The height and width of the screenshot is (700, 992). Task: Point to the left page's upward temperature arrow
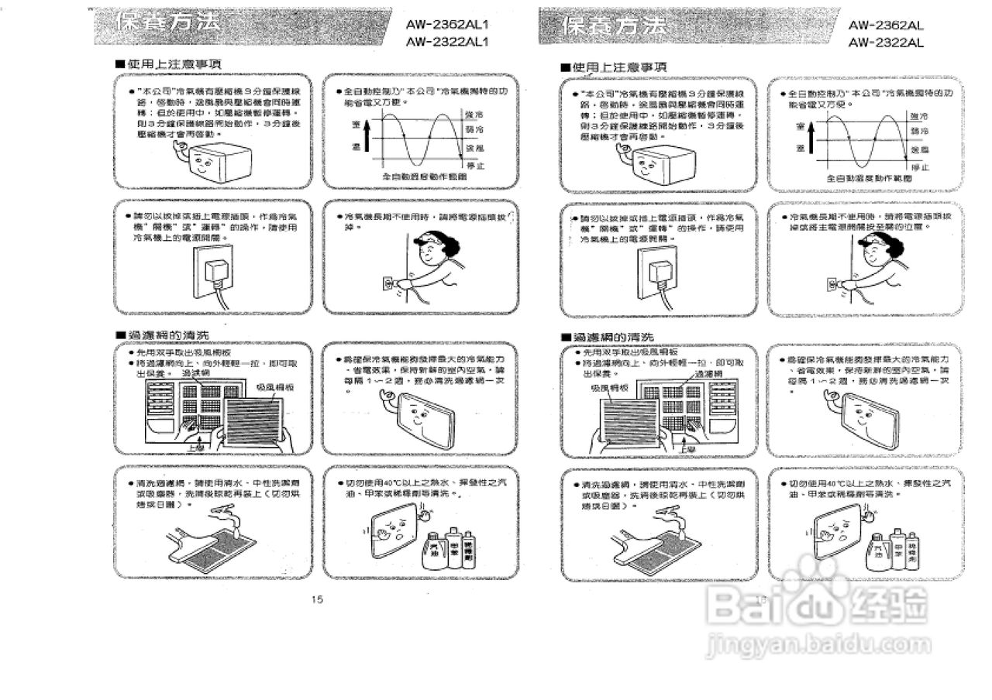pos(367,137)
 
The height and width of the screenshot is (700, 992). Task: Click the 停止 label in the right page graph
pos(920,167)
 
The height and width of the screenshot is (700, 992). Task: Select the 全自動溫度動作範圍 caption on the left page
pos(421,177)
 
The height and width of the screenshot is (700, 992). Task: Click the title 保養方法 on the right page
pos(617,27)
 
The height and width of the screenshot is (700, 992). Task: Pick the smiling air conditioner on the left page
pos(216,162)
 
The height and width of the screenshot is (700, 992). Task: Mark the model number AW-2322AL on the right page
pos(886,43)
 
